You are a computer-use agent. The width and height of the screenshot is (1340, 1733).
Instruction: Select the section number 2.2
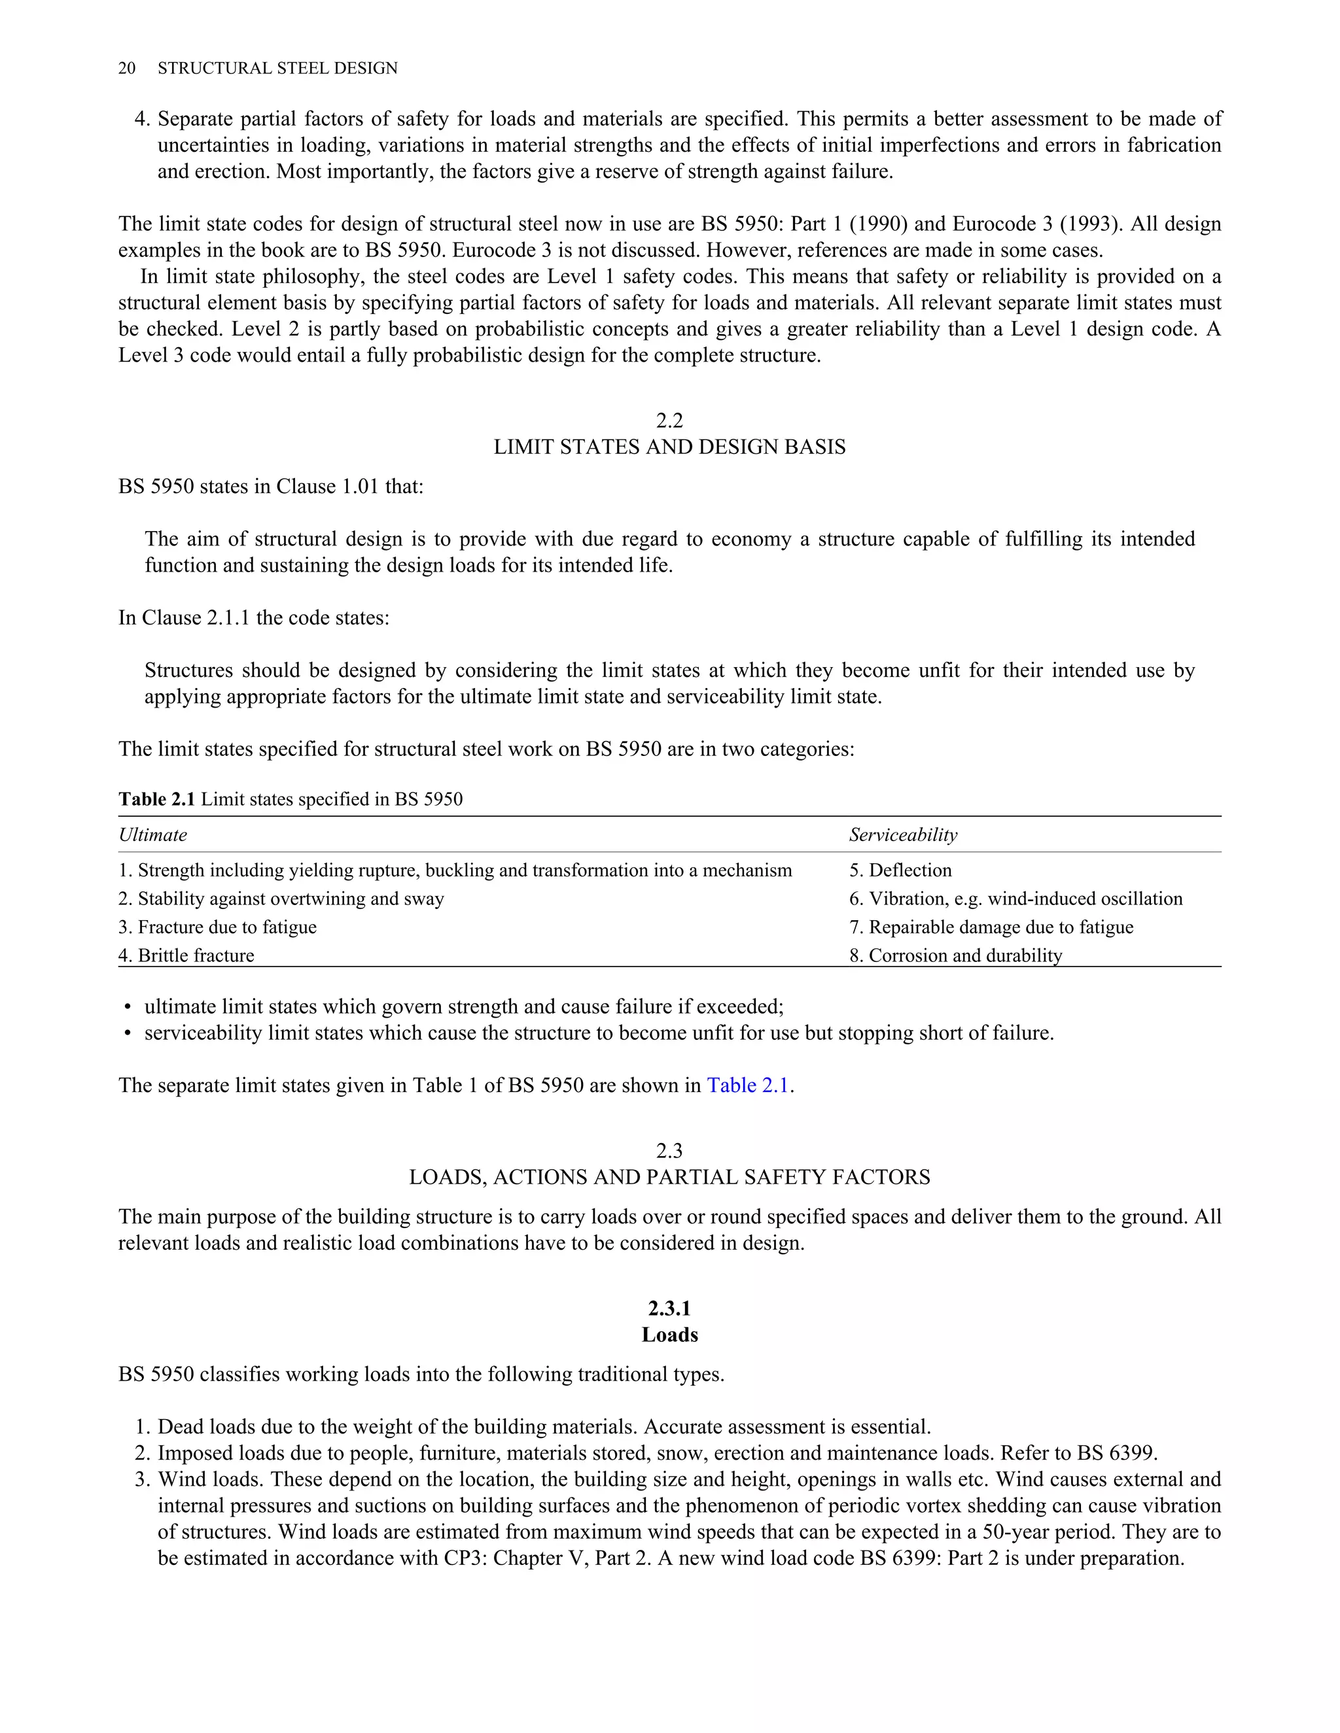point(669,420)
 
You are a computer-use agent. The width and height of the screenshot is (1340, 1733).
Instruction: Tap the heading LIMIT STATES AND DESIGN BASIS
point(669,447)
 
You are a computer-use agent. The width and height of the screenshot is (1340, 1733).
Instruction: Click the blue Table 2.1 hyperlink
point(747,1085)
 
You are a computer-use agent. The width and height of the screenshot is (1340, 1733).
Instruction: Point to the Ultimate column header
point(152,834)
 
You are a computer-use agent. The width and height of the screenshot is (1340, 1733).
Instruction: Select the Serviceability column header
point(902,834)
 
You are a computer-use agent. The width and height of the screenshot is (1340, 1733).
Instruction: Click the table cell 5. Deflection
point(900,870)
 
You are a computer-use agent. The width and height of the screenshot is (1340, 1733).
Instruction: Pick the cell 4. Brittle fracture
point(186,955)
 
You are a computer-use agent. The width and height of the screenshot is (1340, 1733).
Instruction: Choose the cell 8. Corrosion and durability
point(955,955)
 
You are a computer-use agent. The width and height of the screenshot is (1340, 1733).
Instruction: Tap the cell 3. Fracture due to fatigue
point(217,927)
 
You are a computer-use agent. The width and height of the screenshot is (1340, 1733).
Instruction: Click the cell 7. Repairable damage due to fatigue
point(991,927)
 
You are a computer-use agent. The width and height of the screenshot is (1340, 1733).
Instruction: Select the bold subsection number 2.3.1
point(669,1309)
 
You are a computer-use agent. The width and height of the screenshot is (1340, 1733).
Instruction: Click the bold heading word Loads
point(669,1335)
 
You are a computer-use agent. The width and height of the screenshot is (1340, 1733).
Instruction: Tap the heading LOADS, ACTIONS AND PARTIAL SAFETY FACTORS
point(669,1176)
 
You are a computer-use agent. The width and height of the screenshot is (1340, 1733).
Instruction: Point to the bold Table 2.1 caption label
point(156,799)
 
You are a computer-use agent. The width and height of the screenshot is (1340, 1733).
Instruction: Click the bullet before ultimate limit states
point(127,1008)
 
